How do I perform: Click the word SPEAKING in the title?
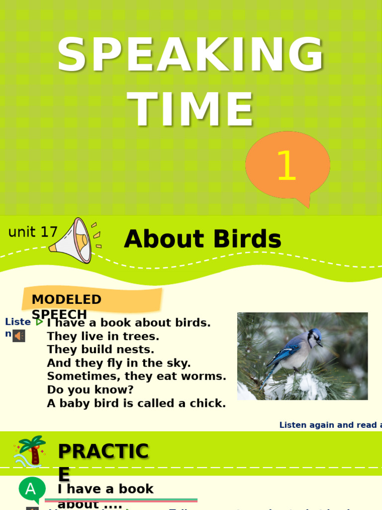coord(191,56)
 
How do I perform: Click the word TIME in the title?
coord(191,111)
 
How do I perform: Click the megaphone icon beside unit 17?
coord(75,241)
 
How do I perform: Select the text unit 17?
coord(33,232)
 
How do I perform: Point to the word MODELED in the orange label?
coord(66,299)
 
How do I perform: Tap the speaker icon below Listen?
coord(19,336)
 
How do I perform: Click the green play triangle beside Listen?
coord(39,322)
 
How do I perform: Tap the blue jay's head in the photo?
coord(314,337)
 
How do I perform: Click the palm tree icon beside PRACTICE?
coord(31,451)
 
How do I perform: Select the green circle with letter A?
coord(31,489)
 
